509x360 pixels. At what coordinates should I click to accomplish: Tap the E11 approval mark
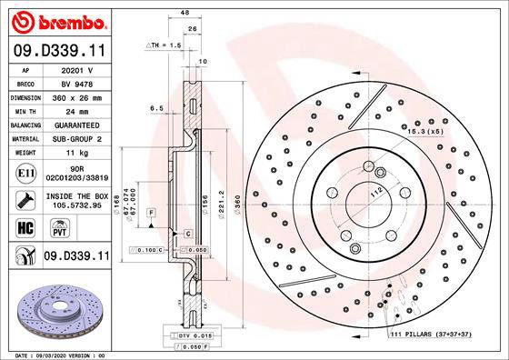click(x=25, y=173)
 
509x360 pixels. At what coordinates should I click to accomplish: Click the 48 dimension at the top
click(x=184, y=13)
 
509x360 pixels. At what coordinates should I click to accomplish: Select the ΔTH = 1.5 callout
click(x=165, y=43)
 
